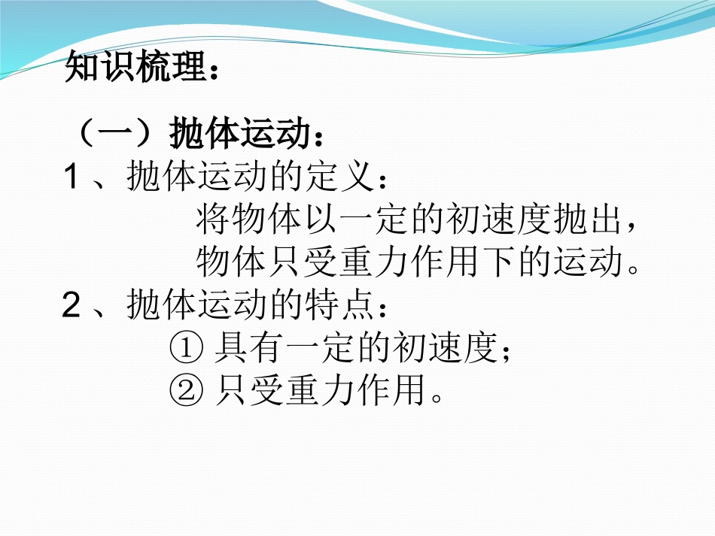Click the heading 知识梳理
coord(135,68)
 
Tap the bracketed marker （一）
coord(117,136)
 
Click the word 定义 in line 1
coord(341,178)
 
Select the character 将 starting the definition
coord(212,221)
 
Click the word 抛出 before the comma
coord(586,221)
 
